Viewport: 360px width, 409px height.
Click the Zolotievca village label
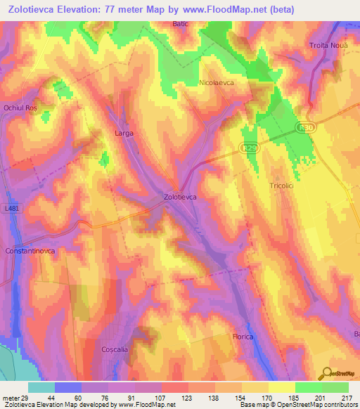point(179,197)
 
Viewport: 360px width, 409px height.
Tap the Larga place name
point(124,132)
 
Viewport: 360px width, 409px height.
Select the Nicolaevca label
point(220,82)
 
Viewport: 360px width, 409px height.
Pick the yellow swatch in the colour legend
point(281,387)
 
